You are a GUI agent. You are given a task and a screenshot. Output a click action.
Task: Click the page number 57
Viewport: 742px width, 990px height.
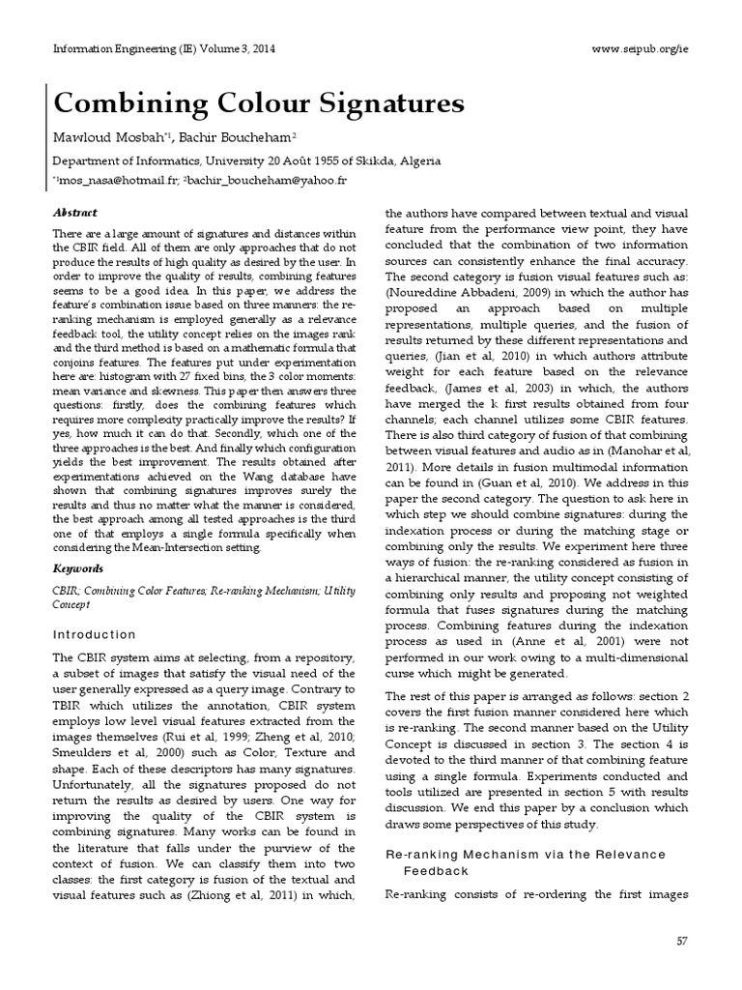click(681, 941)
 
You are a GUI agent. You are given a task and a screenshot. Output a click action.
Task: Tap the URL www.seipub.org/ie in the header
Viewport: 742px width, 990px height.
click(640, 49)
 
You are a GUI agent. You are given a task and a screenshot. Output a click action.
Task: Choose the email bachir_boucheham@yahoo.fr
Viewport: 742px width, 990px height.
click(267, 181)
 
